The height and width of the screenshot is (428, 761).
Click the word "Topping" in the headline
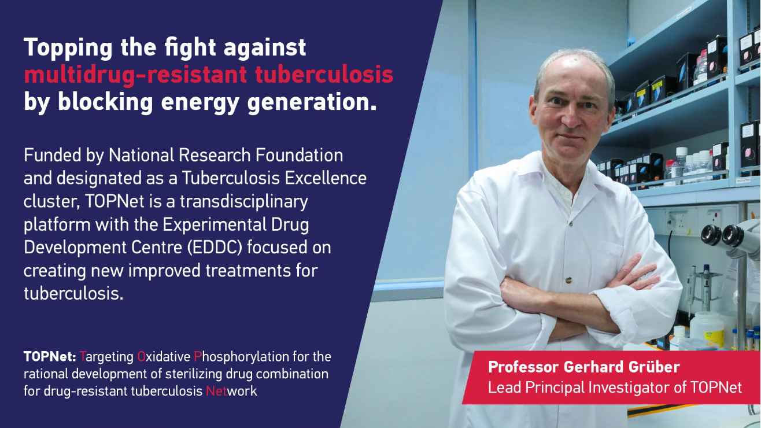[68, 48]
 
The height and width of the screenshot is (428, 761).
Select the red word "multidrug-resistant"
[135, 74]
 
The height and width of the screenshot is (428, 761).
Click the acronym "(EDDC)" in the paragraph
[215, 248]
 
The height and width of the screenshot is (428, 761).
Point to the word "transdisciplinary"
[243, 202]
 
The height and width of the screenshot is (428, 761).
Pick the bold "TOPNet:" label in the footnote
[50, 357]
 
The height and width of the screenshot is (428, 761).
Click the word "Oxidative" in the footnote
[164, 357]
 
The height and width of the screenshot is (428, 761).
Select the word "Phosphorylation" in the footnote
[241, 357]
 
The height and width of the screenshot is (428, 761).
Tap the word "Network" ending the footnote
[231, 391]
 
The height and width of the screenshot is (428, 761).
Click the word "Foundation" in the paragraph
[299, 156]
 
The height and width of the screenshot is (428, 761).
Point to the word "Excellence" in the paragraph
[326, 178]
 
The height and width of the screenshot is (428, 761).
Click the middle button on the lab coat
[568, 281]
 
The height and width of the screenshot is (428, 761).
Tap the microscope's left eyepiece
[711, 235]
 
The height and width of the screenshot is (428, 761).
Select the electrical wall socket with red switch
[712, 217]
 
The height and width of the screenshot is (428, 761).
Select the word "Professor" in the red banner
[523, 367]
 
